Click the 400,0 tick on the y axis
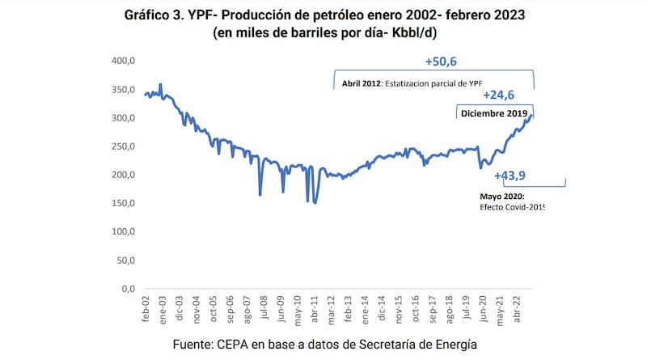click(x=121, y=61)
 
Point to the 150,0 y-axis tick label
click(x=121, y=203)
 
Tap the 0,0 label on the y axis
click(x=125, y=289)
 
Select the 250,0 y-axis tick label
click(x=121, y=146)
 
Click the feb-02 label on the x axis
click(x=146, y=310)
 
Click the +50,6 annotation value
click(x=442, y=61)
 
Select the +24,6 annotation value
click(x=498, y=95)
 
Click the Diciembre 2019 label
click(x=494, y=114)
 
